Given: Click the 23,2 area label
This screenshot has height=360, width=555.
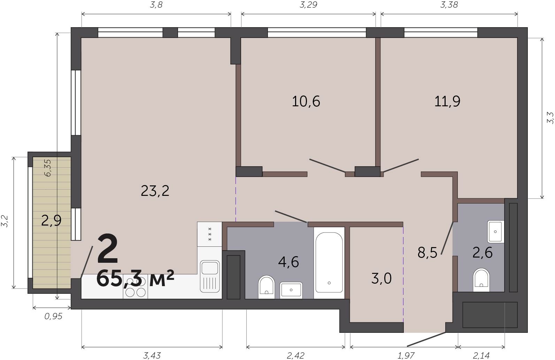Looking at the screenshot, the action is pos(155,191).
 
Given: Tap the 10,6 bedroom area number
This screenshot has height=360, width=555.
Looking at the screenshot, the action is pos(306,101).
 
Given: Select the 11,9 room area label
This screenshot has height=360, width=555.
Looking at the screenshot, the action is pos(447,101).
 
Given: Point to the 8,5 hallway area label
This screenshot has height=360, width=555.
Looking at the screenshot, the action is pos(427,253).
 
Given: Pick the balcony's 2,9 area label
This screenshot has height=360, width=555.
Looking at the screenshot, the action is pos(51,221).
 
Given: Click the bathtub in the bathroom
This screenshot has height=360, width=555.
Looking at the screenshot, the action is pos(329,263).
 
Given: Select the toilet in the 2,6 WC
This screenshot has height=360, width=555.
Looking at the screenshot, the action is pos(481,280).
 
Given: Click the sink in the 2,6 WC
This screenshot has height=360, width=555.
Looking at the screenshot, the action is pos(496,232).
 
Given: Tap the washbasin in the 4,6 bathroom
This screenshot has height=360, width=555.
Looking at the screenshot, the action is pos(291,290).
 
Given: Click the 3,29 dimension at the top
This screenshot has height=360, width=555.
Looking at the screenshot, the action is pos(308,5).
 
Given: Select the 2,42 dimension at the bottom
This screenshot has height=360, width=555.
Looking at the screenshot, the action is pos(295,356).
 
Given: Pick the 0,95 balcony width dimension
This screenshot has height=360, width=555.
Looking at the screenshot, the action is pos(53,316).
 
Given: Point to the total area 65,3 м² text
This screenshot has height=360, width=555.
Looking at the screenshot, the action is pos(135,278).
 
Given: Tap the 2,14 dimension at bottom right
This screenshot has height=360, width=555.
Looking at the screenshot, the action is pos(481,356).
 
